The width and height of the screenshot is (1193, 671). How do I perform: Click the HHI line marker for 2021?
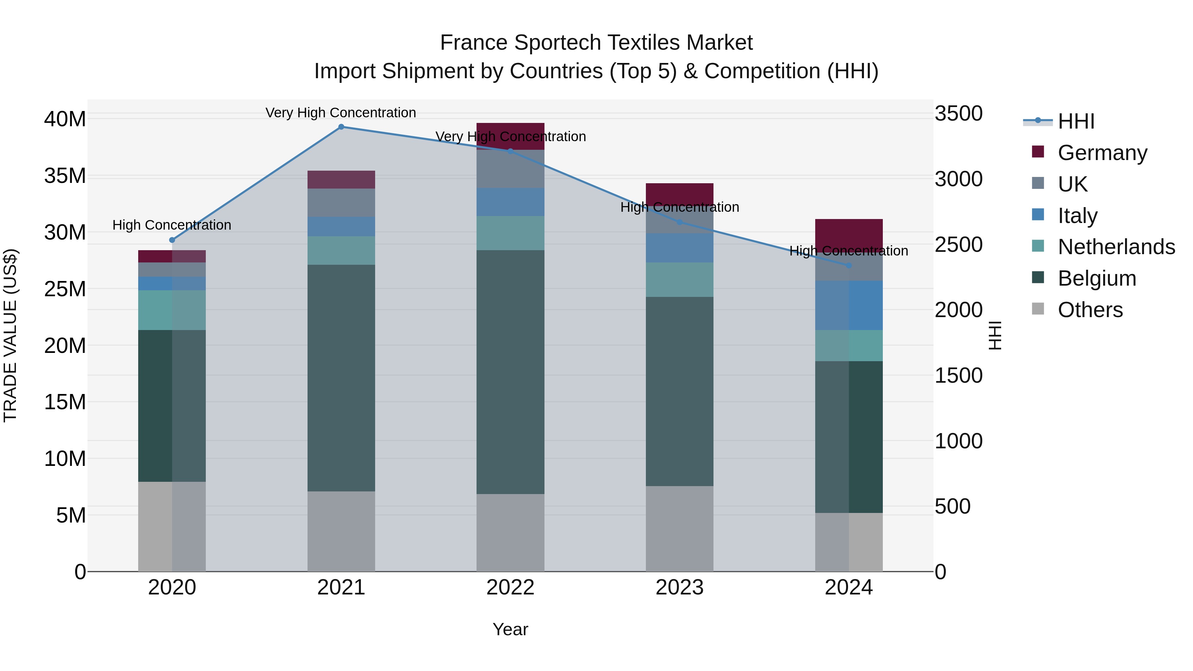coord(341,127)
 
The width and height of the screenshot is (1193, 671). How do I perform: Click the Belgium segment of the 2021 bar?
coord(341,377)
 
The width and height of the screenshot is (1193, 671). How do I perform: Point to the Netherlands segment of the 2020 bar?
coord(171,310)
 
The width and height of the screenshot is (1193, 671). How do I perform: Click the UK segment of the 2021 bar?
coord(341,202)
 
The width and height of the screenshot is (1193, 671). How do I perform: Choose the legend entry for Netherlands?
coord(1116,247)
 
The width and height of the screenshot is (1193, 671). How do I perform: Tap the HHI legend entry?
coord(1075,121)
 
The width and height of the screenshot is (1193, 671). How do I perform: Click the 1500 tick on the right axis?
coord(958,375)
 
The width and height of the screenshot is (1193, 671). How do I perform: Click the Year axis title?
coord(510,629)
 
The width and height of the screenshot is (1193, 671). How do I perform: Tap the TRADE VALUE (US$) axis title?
coord(10,335)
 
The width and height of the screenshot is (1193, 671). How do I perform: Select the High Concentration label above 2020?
coord(171,225)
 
